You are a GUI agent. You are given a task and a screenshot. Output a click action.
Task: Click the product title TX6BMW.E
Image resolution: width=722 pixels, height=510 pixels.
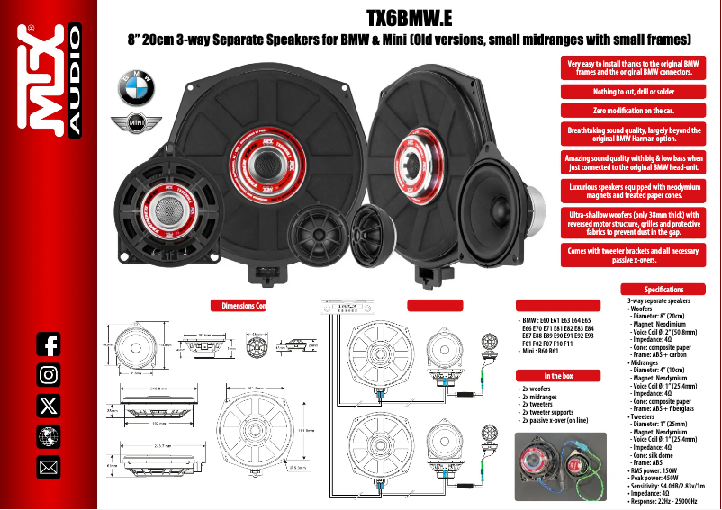click(x=409, y=17)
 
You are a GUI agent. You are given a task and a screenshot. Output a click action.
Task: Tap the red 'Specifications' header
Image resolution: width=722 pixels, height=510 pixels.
click(x=664, y=290)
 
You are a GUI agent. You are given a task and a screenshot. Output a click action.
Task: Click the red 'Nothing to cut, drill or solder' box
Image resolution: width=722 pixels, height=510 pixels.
click(x=633, y=91)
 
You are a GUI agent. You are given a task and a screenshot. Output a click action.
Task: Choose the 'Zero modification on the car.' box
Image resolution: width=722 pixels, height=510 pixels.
click(x=633, y=111)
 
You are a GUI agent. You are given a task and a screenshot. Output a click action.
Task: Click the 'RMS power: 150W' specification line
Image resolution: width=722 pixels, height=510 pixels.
click(x=658, y=470)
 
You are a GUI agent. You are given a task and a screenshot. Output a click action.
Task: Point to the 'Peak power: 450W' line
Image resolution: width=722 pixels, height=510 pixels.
click(x=659, y=477)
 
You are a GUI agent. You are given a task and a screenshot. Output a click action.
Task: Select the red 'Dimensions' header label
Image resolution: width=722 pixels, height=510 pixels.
click(x=239, y=306)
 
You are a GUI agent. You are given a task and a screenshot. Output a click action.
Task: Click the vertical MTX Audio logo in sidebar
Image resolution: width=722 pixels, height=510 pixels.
click(x=51, y=81)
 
